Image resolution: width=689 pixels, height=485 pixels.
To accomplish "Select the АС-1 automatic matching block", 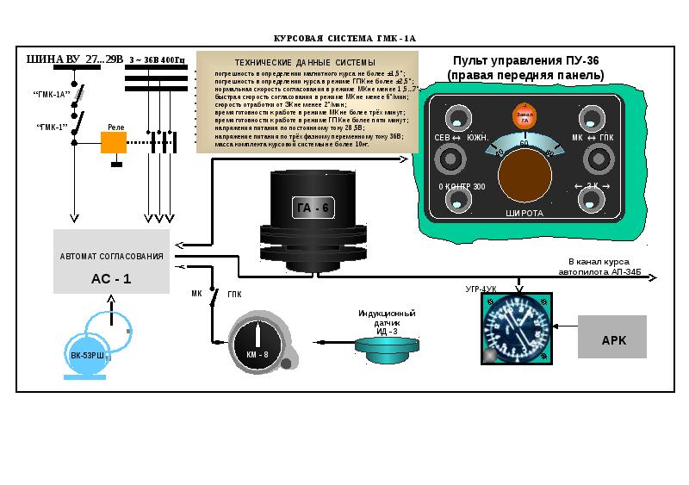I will pos(111,262).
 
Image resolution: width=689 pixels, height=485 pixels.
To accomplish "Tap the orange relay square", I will pos(114,142).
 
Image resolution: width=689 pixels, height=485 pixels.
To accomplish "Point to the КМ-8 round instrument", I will pos(258,342).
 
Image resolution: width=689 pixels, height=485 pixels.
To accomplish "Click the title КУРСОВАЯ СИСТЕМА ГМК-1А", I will pos(344,39).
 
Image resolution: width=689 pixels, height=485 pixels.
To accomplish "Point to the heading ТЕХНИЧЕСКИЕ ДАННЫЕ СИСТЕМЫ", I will pos(305,63).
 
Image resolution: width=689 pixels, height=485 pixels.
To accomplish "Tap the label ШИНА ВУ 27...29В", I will pos(75,59).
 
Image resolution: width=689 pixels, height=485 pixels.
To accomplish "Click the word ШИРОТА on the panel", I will pos(524,212).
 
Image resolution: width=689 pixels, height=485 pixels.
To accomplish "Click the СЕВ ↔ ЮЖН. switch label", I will pos(461,138).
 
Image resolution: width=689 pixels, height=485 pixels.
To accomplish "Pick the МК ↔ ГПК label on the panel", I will pos(593,138).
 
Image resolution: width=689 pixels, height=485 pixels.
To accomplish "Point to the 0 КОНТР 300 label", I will pos(462,187).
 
